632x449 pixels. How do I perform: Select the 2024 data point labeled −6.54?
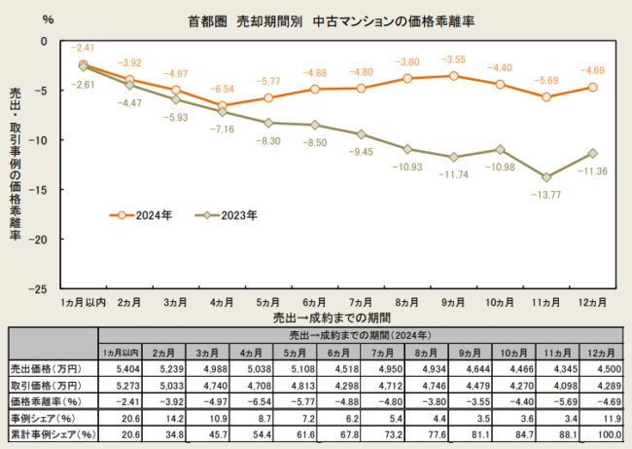click(223, 105)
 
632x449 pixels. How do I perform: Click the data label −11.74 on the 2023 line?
click(455, 173)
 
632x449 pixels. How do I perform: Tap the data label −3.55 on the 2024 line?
click(454, 59)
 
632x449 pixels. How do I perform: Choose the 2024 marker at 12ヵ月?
click(592, 87)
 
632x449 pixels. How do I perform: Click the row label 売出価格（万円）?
click(50, 369)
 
